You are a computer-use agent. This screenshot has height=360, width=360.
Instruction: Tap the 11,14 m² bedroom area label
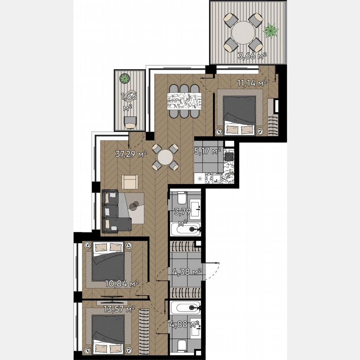(x=252, y=83)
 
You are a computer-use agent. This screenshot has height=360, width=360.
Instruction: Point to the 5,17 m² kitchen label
(x=207, y=151)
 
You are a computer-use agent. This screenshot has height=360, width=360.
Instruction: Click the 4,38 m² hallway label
(x=187, y=272)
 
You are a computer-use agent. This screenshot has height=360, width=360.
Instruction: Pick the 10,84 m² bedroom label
(x=122, y=284)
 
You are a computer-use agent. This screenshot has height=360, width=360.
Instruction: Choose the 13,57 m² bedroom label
(x=119, y=309)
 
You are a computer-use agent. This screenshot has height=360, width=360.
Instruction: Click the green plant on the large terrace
(x=271, y=30)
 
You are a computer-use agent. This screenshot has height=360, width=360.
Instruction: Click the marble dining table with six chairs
(x=184, y=100)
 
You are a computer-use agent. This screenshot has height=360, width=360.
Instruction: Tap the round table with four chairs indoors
(x=165, y=157)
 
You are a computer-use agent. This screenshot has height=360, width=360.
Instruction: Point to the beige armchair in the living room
(x=130, y=182)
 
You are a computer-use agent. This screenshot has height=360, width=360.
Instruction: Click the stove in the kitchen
(x=229, y=157)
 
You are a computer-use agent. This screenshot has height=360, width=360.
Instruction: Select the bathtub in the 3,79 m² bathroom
(x=186, y=228)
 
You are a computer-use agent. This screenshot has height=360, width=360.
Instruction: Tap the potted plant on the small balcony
(x=124, y=78)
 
